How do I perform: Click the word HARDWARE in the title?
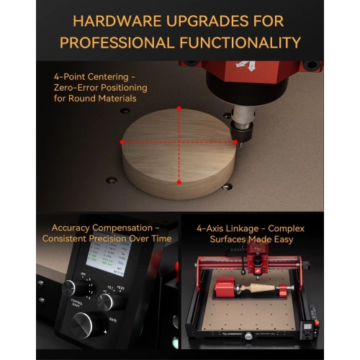(x=107, y=21)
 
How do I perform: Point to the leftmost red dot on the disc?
(x=122, y=142)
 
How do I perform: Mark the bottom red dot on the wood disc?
(x=179, y=182)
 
